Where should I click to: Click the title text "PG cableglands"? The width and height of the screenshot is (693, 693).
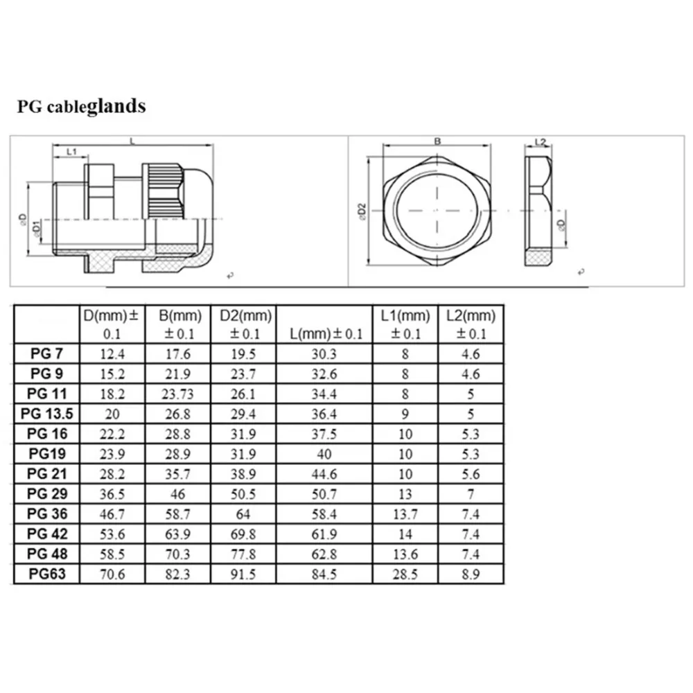[81, 106]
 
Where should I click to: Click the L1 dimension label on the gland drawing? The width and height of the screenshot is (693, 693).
[71, 151]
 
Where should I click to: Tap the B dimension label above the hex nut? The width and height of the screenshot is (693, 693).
[437, 141]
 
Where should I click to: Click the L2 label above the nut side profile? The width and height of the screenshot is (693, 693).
[541, 142]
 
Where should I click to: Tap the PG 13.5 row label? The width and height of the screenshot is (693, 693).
[47, 414]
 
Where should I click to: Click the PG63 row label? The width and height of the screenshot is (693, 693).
[47, 574]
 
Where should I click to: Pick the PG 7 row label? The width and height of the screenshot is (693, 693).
[47, 353]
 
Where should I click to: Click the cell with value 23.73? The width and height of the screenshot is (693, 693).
[178, 394]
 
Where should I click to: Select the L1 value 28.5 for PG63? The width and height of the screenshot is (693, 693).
[405, 574]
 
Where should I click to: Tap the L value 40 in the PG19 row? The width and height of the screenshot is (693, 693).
[324, 454]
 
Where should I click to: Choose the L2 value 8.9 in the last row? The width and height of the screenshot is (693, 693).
[471, 574]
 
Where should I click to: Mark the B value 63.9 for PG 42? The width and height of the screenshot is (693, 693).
[178, 534]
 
